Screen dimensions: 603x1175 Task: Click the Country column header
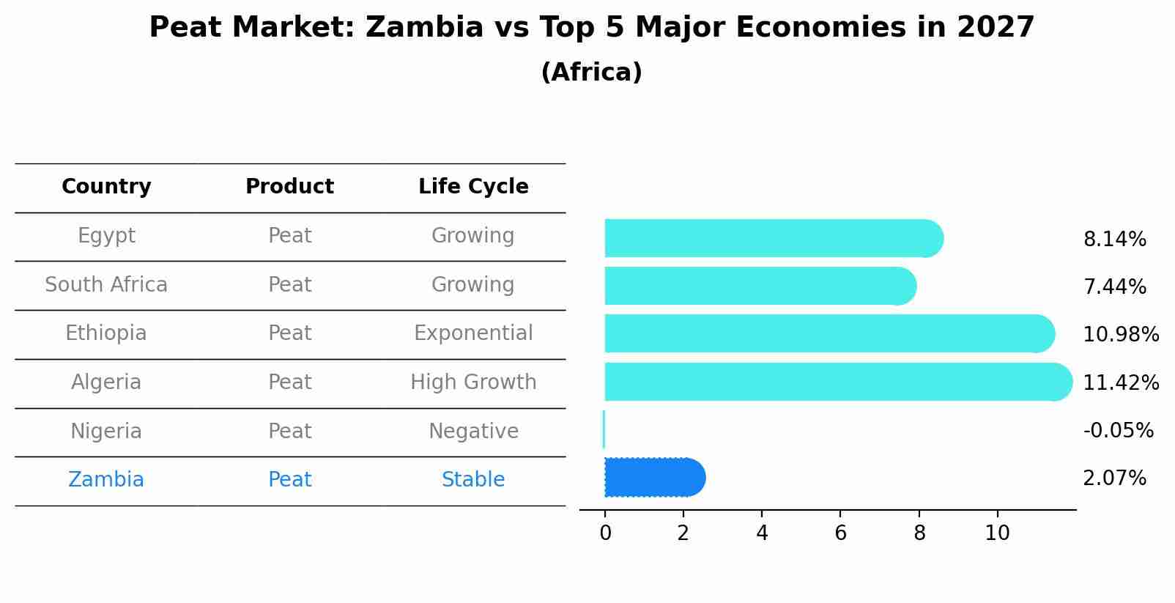[x=106, y=187]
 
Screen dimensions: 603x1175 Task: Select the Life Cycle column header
[x=473, y=187]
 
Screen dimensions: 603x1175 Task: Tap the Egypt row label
[x=106, y=236]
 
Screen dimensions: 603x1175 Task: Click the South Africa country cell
[x=106, y=285]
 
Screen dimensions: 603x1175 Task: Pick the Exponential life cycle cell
[x=473, y=333]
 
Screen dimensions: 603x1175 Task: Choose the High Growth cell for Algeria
[x=473, y=382]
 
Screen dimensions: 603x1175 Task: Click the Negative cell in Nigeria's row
[x=473, y=432]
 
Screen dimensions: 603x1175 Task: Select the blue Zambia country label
[x=106, y=480]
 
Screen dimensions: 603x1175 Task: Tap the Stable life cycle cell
[x=473, y=480]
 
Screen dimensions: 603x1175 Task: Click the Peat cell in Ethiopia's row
[x=290, y=333]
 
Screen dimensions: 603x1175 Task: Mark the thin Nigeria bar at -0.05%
[x=604, y=429]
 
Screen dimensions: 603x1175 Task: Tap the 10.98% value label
[x=1121, y=335]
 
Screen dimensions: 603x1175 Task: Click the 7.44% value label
[x=1114, y=287]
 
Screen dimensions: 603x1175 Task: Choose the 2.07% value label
[x=1114, y=478]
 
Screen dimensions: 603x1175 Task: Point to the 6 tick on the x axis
[x=840, y=533]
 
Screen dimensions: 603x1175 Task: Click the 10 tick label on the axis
[x=997, y=533]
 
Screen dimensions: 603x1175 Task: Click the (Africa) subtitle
[x=591, y=73]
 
